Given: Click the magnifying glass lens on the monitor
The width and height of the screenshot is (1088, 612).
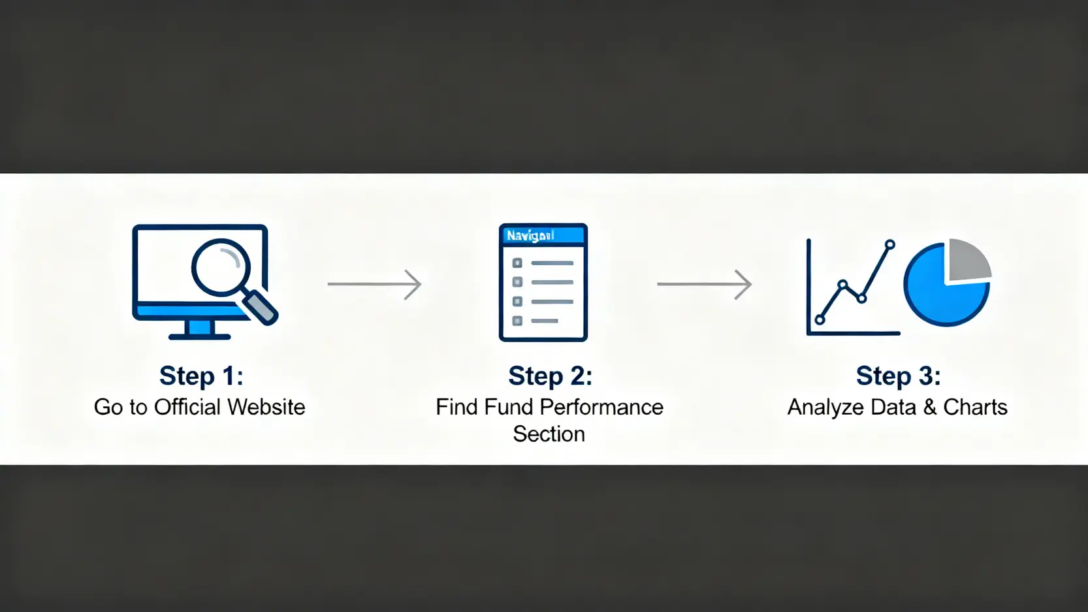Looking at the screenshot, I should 220,268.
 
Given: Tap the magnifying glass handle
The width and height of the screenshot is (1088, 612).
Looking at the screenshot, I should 260,307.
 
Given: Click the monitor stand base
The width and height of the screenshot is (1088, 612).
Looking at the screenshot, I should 199,336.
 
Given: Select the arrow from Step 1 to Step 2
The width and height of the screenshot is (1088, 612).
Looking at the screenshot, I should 374,284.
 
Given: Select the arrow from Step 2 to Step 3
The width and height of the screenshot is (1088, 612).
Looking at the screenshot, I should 704,284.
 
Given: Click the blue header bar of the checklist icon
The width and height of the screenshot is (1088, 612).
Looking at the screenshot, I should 543,235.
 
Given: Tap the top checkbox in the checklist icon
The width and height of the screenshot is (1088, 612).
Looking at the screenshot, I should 517,263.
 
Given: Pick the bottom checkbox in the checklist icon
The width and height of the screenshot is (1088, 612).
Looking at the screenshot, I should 517,321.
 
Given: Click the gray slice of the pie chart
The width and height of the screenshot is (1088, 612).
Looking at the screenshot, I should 968,260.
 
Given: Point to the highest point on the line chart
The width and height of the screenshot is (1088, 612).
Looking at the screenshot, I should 889,244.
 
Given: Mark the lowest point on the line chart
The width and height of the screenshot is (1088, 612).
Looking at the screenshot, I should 820,320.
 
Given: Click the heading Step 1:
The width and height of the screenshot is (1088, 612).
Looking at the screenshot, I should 201,376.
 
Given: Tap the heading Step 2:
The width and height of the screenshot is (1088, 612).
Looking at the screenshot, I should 550,376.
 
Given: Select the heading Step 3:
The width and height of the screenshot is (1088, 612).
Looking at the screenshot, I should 898,376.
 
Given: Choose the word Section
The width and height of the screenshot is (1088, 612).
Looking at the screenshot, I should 549,434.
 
